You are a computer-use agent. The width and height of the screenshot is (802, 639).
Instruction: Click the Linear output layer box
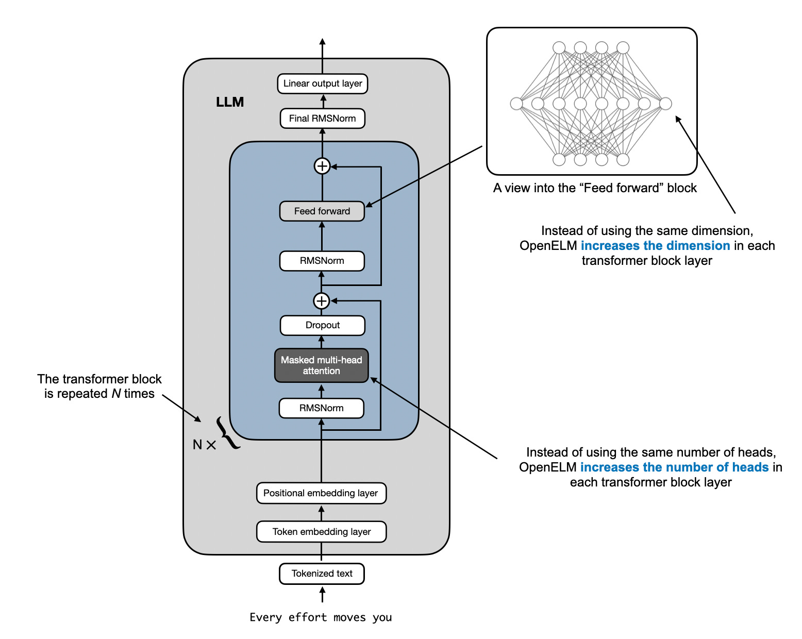click(322, 83)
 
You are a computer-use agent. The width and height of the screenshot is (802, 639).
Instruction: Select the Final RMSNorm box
click(322, 119)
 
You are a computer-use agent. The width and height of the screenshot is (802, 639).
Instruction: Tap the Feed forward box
click(322, 211)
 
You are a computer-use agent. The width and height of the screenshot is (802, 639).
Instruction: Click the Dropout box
click(322, 325)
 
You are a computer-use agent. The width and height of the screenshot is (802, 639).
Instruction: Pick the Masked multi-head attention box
click(321, 365)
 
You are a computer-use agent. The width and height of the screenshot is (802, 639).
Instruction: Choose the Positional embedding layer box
click(321, 493)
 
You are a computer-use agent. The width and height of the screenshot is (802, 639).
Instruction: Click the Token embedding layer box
click(321, 532)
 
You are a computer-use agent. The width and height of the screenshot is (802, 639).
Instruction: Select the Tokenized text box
click(322, 574)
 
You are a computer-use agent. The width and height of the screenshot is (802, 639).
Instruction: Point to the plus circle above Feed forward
click(322, 166)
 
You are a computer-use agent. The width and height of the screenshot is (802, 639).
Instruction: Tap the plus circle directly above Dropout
click(322, 301)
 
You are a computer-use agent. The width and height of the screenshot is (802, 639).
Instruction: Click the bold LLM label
click(230, 102)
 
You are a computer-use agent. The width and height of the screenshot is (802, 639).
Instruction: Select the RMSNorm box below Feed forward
click(322, 261)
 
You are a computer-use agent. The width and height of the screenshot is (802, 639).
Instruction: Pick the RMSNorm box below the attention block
click(321, 408)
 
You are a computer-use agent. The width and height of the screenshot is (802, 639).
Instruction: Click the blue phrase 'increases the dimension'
click(655, 246)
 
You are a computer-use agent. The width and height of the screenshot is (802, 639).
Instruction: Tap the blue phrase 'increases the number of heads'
click(674, 467)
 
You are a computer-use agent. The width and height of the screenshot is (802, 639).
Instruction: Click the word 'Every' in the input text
click(266, 617)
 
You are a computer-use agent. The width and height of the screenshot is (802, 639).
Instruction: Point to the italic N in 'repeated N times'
click(116, 394)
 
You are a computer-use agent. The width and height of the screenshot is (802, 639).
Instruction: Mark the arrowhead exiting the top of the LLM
click(323, 41)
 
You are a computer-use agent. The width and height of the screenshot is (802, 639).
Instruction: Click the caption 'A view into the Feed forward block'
click(595, 188)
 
